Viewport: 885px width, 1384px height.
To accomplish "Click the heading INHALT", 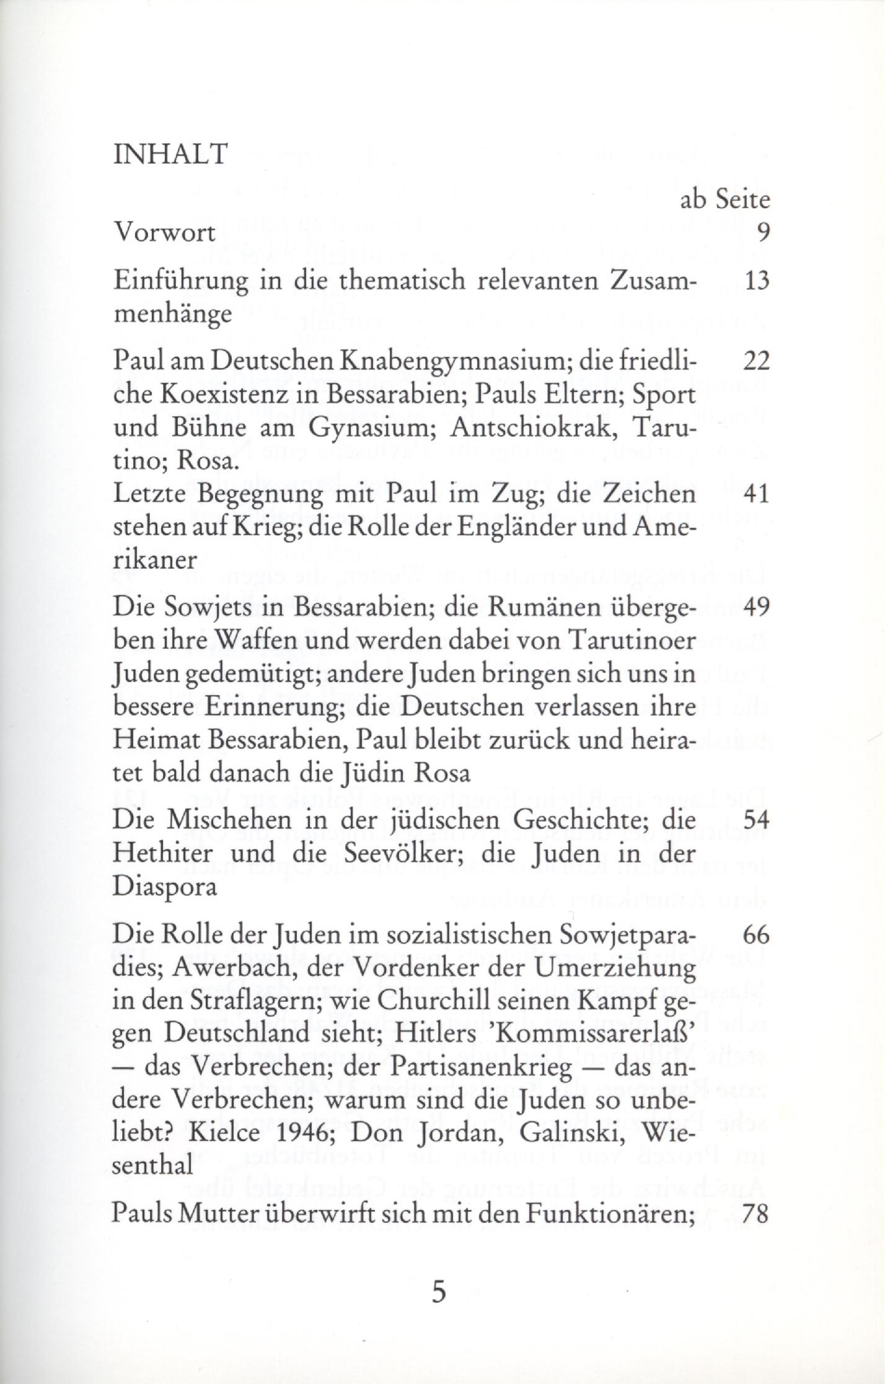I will coord(170,154).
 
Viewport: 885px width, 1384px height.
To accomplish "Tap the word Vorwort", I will coord(165,233).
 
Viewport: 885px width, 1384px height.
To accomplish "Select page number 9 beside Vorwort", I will coord(762,233).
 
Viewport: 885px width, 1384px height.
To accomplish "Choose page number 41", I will coord(755,494).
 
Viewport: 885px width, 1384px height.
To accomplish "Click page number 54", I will coord(755,820).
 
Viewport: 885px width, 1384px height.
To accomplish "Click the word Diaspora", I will coord(165,888).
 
